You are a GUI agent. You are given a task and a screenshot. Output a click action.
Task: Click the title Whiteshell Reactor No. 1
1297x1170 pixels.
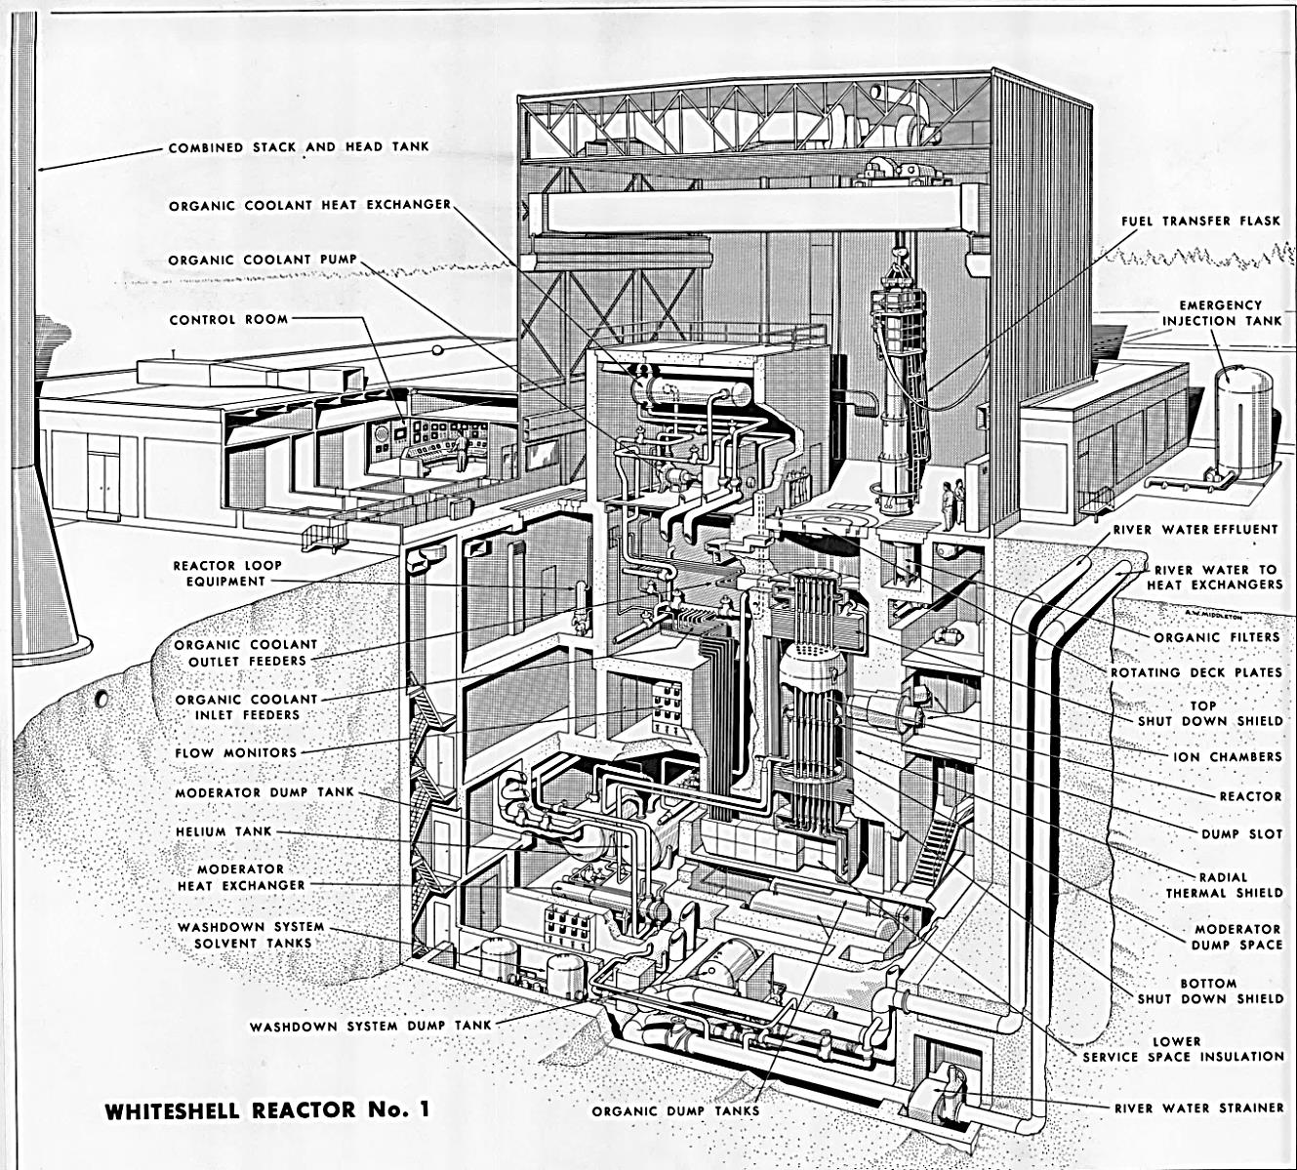(x=267, y=1109)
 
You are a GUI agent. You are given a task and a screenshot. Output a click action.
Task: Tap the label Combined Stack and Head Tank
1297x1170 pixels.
(x=299, y=147)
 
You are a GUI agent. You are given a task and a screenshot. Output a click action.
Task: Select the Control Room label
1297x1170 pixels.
(x=228, y=319)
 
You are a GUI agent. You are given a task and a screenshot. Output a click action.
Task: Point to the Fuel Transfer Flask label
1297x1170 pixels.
(x=1200, y=222)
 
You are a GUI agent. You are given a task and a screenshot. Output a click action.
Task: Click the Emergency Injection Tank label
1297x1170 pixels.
(x=1221, y=313)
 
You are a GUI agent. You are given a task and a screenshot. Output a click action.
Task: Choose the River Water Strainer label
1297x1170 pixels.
(x=1199, y=1108)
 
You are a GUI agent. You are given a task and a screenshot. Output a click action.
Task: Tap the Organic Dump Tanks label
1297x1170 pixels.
(x=675, y=1111)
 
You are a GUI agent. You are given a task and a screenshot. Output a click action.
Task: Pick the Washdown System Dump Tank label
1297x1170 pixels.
(x=371, y=1027)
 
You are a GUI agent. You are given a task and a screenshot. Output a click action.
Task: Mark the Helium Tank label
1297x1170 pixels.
(x=223, y=831)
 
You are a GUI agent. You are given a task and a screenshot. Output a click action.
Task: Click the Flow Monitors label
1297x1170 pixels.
(x=235, y=752)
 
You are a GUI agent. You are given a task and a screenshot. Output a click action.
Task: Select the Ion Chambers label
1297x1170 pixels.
(x=1227, y=756)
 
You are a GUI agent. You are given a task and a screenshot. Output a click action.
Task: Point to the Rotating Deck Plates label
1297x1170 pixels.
(x=1196, y=672)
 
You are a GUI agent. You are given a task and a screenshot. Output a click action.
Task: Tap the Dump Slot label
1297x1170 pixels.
(x=1241, y=834)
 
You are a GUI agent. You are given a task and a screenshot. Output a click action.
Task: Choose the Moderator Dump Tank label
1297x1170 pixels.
(x=265, y=791)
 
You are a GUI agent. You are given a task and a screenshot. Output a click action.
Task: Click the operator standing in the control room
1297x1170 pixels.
(x=461, y=451)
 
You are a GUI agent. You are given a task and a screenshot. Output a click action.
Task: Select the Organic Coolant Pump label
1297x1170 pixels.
(x=263, y=260)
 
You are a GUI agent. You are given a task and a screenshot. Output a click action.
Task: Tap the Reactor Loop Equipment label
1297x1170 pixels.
(x=227, y=573)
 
